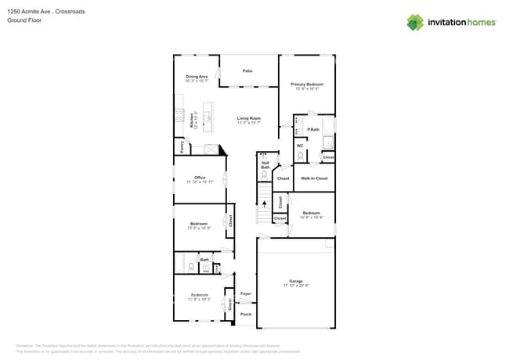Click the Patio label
point(247,71)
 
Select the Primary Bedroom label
point(307,84)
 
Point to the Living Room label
point(248,119)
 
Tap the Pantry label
point(180,146)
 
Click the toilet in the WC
point(300,157)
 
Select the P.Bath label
point(313,129)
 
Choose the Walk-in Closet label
point(314,178)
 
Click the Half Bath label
point(265,165)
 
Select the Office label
point(200,178)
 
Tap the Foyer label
point(245,293)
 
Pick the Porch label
point(245,315)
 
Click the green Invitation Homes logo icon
point(414,23)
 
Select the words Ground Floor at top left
point(24,21)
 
